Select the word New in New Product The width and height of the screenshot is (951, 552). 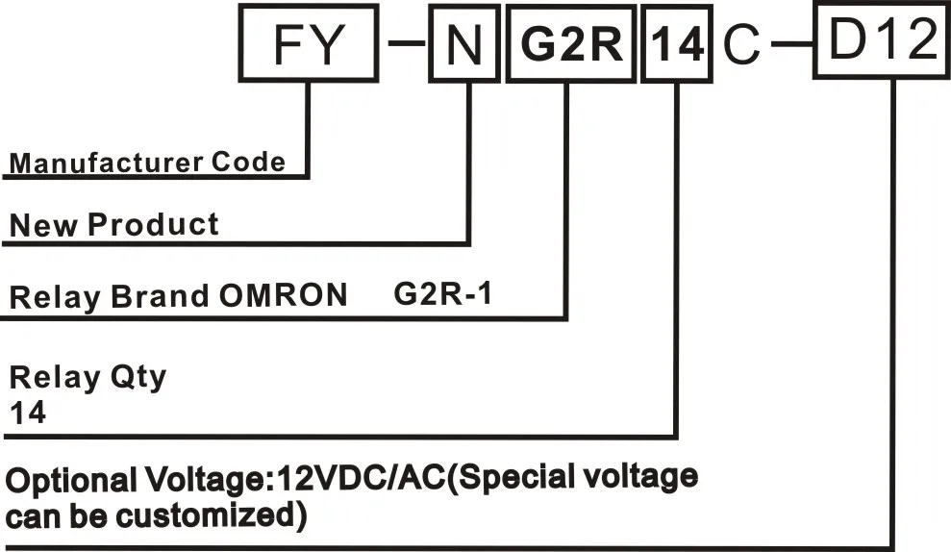pyautogui.click(x=43, y=226)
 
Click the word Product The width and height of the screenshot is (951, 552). pyautogui.click(x=154, y=226)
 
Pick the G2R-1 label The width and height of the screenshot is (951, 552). pyautogui.click(x=443, y=293)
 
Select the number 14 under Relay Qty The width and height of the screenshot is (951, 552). pyautogui.click(x=28, y=414)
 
